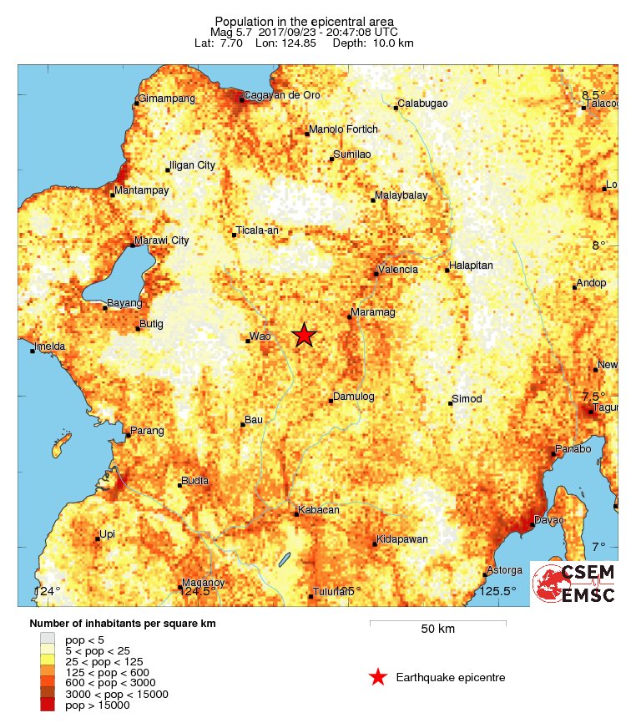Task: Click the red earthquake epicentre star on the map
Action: (x=305, y=335)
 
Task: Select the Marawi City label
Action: (x=163, y=240)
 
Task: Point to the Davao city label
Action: (x=550, y=520)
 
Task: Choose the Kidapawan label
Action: (x=402, y=539)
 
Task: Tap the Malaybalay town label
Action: (x=401, y=195)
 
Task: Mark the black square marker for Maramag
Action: (x=349, y=316)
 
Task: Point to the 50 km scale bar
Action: (x=437, y=621)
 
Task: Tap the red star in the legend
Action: (x=378, y=677)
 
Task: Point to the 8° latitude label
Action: (x=598, y=245)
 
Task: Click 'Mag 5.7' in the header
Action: (x=230, y=32)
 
